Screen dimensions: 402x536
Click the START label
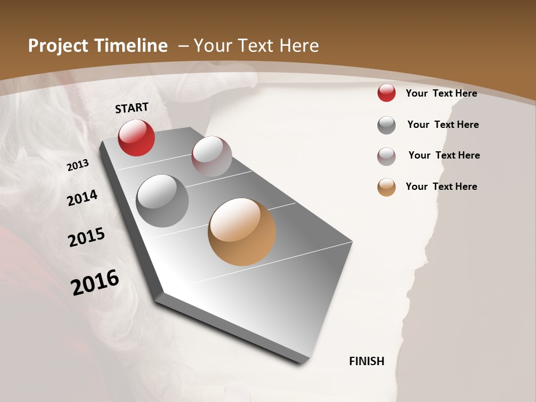(x=132, y=108)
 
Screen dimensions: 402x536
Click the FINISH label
(x=367, y=361)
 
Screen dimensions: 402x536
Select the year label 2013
(x=78, y=165)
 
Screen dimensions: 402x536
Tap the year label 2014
(x=82, y=198)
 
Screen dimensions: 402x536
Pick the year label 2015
(x=87, y=237)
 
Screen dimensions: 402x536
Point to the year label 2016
(x=95, y=283)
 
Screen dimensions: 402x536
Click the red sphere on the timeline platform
(x=136, y=138)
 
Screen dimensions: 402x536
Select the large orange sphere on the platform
(x=242, y=232)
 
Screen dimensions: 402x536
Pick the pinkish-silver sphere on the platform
(x=212, y=156)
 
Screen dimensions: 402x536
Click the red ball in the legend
(x=386, y=93)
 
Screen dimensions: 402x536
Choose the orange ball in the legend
(x=386, y=187)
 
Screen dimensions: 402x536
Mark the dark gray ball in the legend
(x=386, y=125)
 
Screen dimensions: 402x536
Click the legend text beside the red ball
(x=441, y=93)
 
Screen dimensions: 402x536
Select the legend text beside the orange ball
(x=441, y=186)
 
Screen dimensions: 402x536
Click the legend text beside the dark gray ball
(x=443, y=125)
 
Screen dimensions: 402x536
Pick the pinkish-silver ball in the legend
(x=386, y=156)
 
